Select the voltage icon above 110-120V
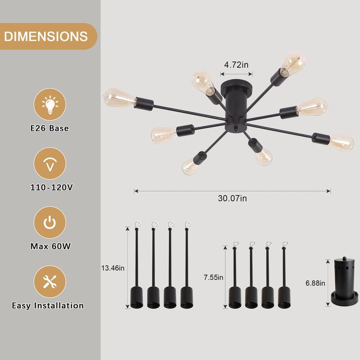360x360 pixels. [50, 163]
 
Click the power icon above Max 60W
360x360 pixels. [50, 222]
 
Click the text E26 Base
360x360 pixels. [50, 128]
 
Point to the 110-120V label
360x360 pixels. [50, 187]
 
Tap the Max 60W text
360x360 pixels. [50, 246]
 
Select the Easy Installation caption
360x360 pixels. [48, 306]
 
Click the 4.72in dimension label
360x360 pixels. [236, 65]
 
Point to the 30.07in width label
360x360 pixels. [232, 198]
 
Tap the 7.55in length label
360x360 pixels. [213, 277]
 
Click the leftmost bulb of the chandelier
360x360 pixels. [118, 98]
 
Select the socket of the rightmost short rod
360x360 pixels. [284, 298]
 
